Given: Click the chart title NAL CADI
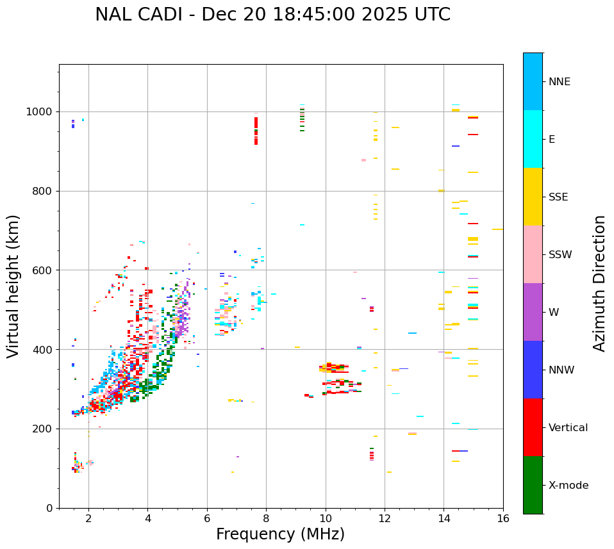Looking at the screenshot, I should click(x=272, y=15).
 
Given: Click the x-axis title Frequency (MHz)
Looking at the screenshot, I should click(x=280, y=534).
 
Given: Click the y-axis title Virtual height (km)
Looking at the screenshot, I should click(x=13, y=286).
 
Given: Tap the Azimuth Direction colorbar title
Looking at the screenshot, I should click(x=599, y=283).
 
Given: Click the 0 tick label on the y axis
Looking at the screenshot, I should click(x=49, y=508).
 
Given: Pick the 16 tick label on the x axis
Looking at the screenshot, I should click(x=503, y=518).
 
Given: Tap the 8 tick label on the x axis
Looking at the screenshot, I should click(x=266, y=518).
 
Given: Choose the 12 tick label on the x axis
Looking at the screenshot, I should click(x=385, y=518).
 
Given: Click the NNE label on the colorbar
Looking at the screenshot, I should click(x=559, y=82).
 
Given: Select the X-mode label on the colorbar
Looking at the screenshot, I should click(x=568, y=486).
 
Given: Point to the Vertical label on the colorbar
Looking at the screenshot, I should click(x=568, y=428).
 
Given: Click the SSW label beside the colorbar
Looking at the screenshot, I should click(x=560, y=255).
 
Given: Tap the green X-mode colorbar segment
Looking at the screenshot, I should click(x=533, y=485).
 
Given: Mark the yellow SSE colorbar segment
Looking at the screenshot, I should click(x=533, y=197).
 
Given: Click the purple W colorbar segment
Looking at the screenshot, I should click(x=533, y=312).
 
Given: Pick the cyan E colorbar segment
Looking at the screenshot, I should click(x=533, y=139).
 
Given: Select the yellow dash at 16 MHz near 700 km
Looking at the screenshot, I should click(x=497, y=229).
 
